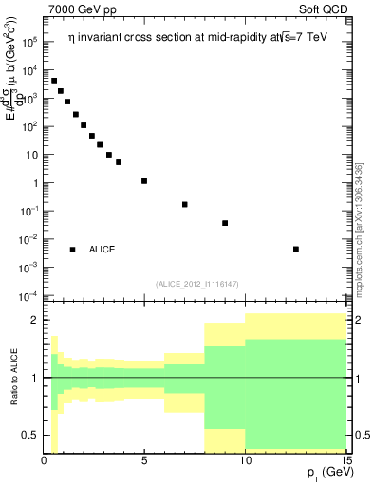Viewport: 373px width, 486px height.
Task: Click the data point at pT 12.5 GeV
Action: (296, 250)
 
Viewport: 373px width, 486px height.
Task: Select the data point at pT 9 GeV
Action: (225, 223)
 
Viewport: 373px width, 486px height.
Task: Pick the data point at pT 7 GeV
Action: (185, 204)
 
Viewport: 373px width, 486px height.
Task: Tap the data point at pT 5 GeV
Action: (144, 180)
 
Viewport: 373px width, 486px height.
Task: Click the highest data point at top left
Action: (54, 81)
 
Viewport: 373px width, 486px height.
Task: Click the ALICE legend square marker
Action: (72, 250)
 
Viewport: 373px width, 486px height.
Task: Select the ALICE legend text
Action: (102, 250)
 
